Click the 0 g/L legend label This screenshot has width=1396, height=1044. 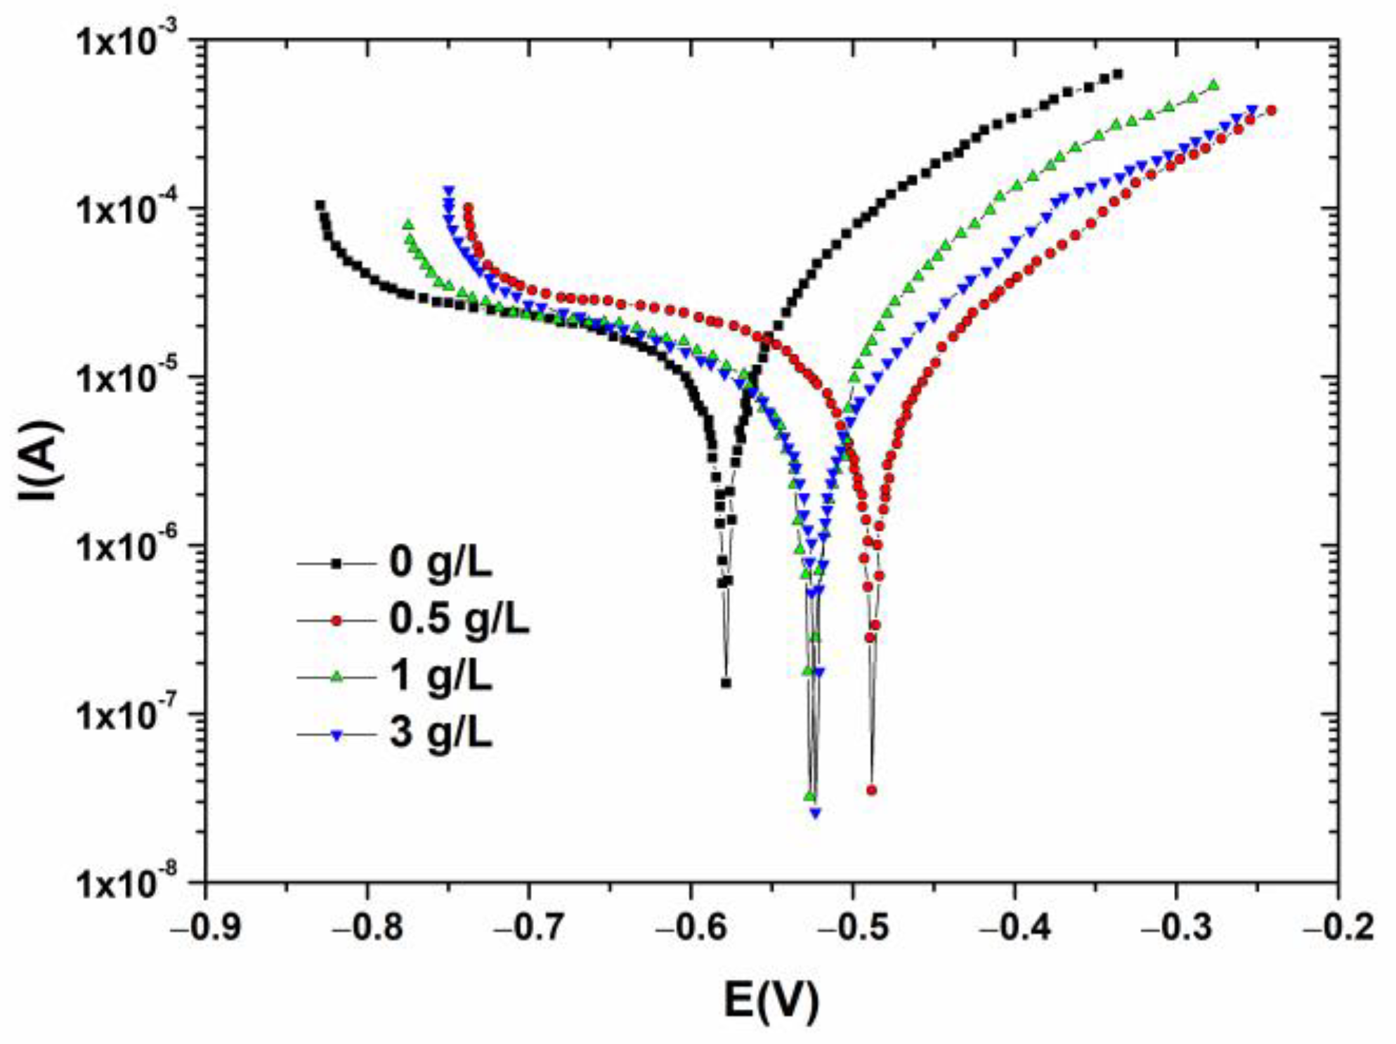(441, 563)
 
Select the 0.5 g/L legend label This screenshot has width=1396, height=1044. (459, 620)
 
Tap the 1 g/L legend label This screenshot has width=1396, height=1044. (441, 676)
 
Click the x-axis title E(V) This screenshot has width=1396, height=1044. (771, 1000)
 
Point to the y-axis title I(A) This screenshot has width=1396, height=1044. (40, 461)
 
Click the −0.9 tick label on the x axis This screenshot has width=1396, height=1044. (206, 927)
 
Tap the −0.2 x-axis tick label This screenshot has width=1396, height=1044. (1338, 927)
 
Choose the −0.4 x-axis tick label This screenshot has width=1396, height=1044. (1014, 927)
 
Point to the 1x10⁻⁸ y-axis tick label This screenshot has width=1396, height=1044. (133, 883)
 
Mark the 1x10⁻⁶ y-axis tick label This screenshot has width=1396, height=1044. (133, 546)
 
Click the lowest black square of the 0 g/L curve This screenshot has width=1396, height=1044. (726, 683)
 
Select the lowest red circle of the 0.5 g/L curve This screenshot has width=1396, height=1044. (872, 790)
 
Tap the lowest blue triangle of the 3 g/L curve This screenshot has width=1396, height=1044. (815, 813)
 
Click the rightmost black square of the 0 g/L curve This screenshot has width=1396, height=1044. (1118, 74)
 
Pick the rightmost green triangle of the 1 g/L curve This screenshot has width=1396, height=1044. (1213, 85)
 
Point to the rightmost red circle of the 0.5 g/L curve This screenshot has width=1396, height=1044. (1271, 110)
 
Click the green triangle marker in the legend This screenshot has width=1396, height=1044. (337, 677)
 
